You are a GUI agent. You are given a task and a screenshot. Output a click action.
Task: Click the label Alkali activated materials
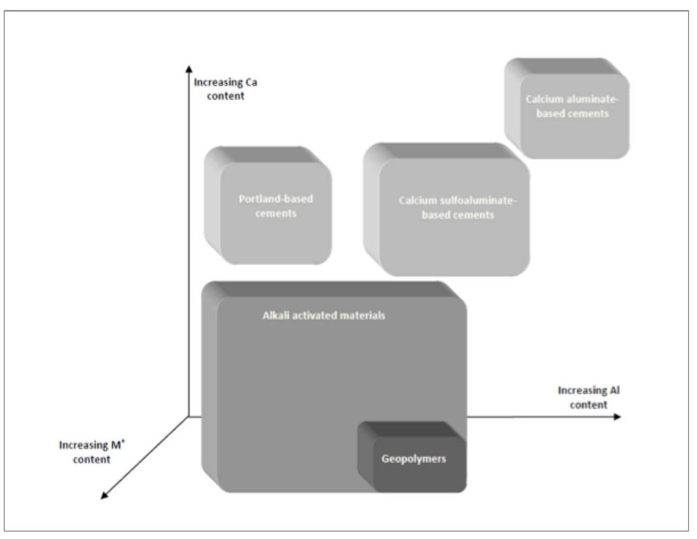[x=324, y=316]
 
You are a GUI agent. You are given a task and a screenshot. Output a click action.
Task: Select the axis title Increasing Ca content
[x=225, y=89]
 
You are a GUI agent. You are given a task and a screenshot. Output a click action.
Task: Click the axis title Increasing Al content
[x=589, y=397]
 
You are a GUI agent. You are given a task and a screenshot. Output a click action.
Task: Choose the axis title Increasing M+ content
[x=92, y=452]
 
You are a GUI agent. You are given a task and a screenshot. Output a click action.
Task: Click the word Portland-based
[x=275, y=199]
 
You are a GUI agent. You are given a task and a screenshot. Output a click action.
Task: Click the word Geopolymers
[x=414, y=459]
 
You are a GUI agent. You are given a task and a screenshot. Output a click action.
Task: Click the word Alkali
[x=275, y=316]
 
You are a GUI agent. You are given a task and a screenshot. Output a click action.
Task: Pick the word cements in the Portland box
[x=275, y=214]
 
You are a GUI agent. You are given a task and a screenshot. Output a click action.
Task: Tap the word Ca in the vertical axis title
[x=251, y=82]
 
